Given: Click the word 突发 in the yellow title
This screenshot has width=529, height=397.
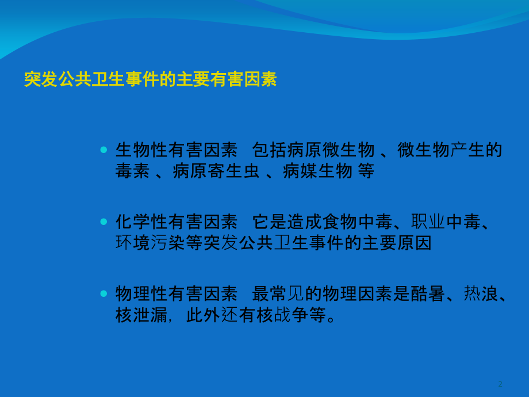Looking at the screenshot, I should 41,79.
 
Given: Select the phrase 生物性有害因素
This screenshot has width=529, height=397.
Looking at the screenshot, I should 176,151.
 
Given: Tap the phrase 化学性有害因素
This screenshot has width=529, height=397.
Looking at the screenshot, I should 176,222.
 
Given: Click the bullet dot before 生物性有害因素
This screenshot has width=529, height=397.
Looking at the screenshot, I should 103,150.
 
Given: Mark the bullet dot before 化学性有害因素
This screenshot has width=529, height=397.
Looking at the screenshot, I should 103,222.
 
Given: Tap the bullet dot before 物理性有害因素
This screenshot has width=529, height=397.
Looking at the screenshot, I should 103,293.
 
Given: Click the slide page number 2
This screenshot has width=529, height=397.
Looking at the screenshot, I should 500,384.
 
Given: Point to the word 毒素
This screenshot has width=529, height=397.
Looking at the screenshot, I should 133,171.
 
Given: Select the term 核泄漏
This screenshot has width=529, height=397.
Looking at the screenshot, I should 141,315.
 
